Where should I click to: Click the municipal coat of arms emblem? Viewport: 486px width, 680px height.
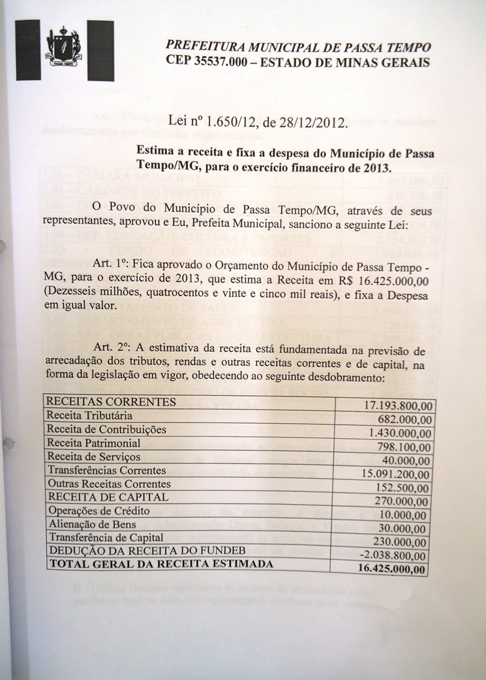coord(63,48)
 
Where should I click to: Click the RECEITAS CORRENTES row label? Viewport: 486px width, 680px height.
coord(110,402)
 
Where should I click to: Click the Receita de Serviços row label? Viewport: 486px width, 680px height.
coord(93,456)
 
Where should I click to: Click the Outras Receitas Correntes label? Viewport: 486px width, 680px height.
coord(108,484)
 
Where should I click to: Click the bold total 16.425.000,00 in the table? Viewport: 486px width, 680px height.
coord(393,570)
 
